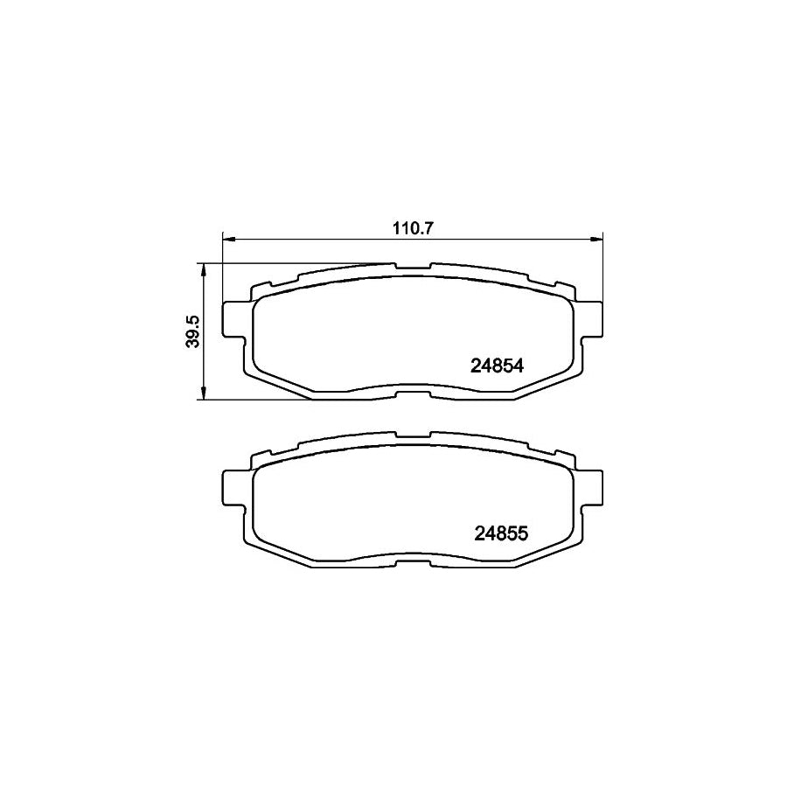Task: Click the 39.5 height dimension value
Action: (x=194, y=332)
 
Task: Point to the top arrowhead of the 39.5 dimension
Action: (x=204, y=268)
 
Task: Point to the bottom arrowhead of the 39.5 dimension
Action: (x=204, y=395)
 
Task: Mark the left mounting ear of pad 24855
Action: (x=233, y=486)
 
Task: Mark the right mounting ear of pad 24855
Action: (x=593, y=486)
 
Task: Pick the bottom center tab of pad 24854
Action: (x=413, y=395)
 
